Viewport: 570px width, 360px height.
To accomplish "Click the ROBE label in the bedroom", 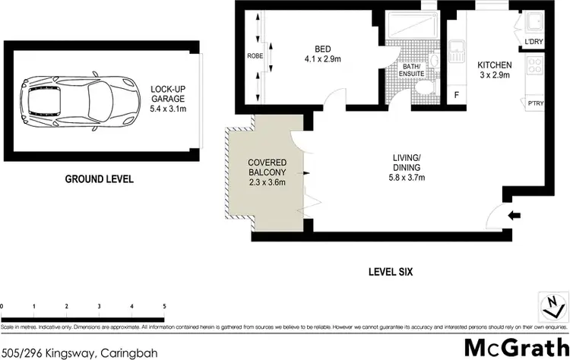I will coord(254,55).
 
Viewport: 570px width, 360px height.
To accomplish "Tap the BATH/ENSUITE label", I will coord(413,71).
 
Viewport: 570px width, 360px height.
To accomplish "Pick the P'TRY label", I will coord(534,104).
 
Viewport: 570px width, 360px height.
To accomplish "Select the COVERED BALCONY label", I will coord(266,169).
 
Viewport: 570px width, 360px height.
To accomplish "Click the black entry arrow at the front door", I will coord(514,216).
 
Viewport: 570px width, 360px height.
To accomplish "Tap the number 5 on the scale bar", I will coord(164,305).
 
